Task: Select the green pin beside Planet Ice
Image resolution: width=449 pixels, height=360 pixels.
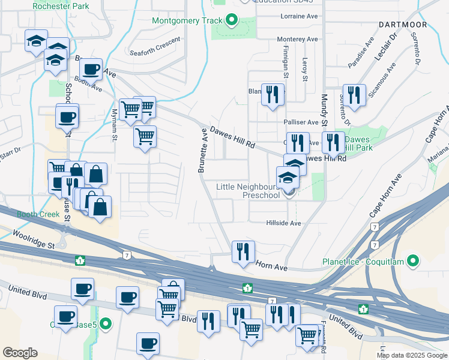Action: point(412,261)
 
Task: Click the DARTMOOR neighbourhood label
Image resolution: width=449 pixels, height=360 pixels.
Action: point(403,25)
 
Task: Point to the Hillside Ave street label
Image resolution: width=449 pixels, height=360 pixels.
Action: point(284,223)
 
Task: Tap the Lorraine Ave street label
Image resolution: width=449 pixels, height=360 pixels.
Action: point(298,16)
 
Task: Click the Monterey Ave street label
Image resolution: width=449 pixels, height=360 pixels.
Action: point(297,39)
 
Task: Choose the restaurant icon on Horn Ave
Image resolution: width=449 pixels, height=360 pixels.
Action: point(243,252)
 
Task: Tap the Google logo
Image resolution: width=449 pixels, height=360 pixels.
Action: point(20,353)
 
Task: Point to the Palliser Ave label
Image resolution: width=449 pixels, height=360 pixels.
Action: point(301,122)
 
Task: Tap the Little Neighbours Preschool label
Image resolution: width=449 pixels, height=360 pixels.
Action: point(249,191)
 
